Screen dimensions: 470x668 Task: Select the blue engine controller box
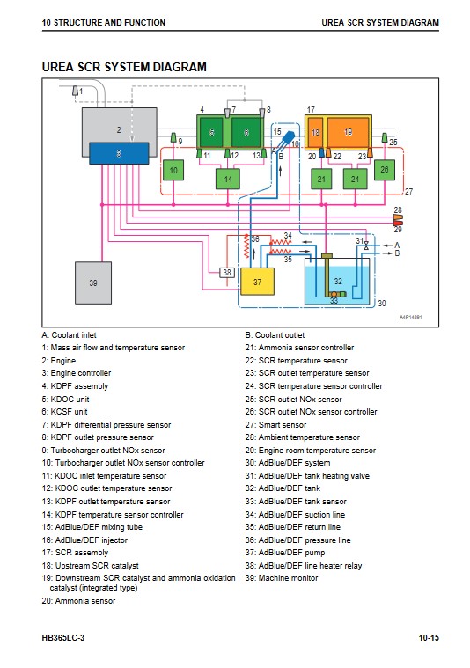point(119,153)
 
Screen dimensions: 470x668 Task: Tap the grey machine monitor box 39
point(93,283)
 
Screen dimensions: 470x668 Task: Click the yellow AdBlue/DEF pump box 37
point(257,282)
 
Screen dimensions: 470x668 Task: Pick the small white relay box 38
point(227,272)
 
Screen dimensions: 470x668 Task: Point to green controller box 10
point(173,171)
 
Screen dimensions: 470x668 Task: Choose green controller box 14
point(228,179)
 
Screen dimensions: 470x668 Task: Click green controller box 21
point(321,179)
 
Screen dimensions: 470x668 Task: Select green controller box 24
point(355,179)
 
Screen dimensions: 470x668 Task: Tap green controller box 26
point(385,170)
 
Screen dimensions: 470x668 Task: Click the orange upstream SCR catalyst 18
point(315,133)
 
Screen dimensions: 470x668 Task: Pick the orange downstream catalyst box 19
point(349,133)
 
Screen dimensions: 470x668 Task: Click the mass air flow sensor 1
point(75,91)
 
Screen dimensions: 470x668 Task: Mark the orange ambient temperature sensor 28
point(398,217)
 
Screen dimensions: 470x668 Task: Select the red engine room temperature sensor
point(398,223)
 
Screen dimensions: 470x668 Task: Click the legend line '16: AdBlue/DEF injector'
point(84,540)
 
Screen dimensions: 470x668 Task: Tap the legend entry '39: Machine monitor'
point(282,578)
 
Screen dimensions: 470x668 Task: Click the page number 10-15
point(429,638)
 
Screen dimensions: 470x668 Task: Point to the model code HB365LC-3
point(63,638)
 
